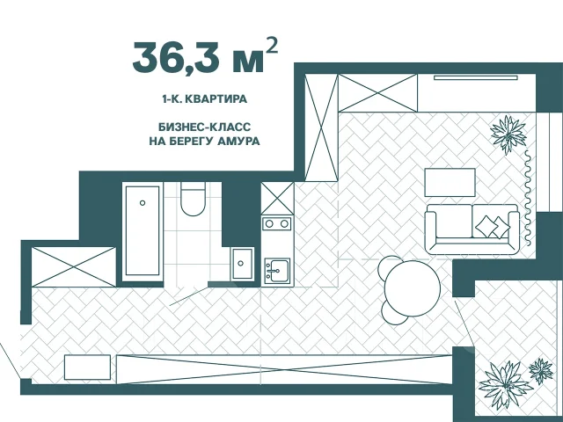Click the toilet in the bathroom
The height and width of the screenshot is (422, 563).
pos(193,199)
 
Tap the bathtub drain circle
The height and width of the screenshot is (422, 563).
pos(143,203)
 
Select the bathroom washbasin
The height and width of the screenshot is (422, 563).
pos(241,263)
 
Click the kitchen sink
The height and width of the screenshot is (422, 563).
pos(276,271)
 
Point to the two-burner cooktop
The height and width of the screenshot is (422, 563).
pos(276,224)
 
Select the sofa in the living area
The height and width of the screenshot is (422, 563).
pos(472,229)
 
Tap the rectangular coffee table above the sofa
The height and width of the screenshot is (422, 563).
pos(450,182)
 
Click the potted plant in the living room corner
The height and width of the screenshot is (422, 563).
pos(508,134)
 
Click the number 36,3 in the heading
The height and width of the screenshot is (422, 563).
pos(176,57)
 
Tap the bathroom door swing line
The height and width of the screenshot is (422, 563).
pos(188,296)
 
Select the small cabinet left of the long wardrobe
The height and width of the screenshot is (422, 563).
pos(87,367)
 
